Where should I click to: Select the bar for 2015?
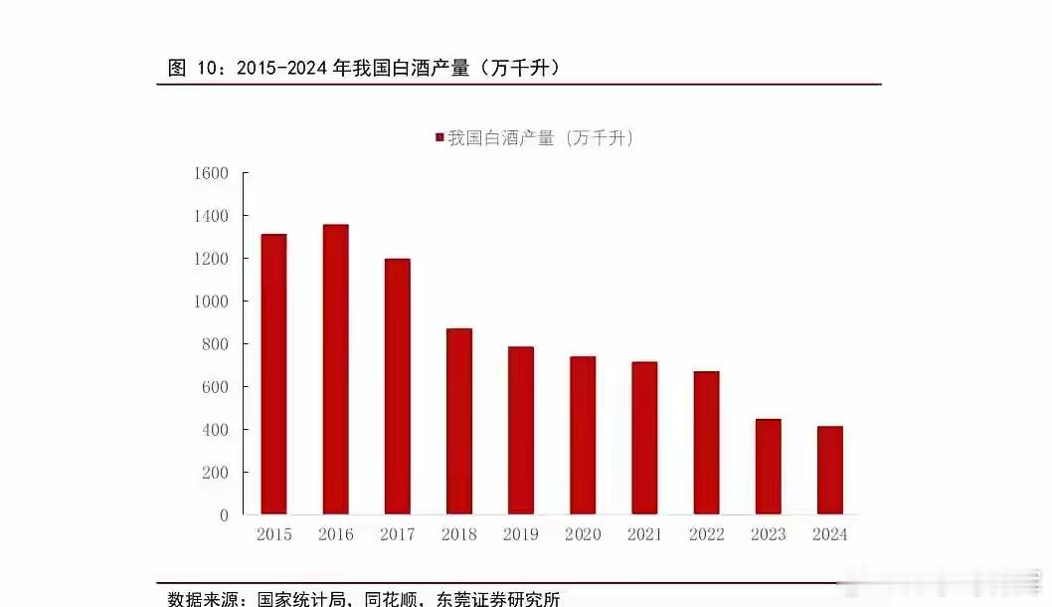[x=273, y=374]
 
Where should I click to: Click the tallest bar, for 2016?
[x=335, y=369]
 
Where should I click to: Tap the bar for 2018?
[x=458, y=421]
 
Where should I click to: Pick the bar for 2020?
[x=583, y=435]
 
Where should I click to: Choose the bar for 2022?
[x=706, y=443]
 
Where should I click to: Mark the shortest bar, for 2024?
[x=829, y=470]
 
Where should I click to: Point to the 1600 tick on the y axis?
[x=212, y=173]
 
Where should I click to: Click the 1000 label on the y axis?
[x=212, y=302]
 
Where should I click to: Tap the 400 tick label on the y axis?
[x=216, y=430]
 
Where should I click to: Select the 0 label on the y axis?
[x=224, y=515]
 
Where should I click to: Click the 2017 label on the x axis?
[x=397, y=535]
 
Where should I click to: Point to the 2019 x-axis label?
[x=520, y=535]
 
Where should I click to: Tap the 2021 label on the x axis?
[x=644, y=535]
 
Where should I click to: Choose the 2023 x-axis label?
[x=768, y=535]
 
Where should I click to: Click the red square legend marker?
[x=439, y=138]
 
